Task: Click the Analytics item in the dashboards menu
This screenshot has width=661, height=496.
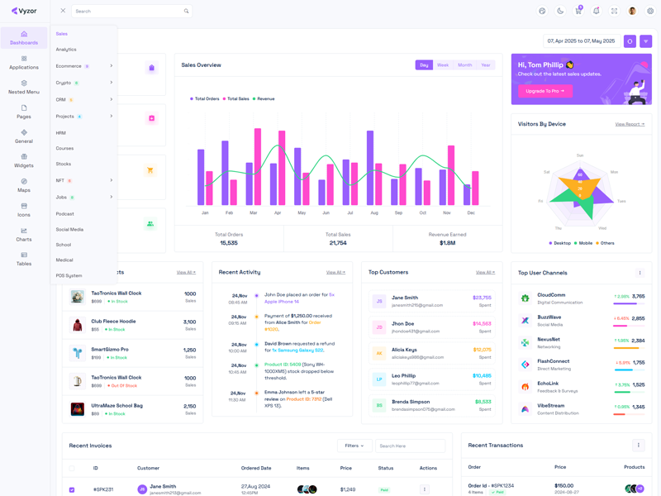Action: click(66, 50)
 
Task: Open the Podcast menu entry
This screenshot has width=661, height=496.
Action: click(65, 214)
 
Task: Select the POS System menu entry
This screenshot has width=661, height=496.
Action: click(69, 275)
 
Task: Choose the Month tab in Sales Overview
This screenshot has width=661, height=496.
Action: click(464, 65)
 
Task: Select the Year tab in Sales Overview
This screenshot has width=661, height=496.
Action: click(485, 65)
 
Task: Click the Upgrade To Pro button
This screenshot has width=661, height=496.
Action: click(544, 91)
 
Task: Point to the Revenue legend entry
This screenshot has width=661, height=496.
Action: click(265, 99)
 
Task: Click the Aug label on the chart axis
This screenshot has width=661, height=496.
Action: click(374, 213)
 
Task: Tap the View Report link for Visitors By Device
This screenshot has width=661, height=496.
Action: click(630, 124)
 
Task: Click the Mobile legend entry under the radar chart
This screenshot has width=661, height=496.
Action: click(584, 243)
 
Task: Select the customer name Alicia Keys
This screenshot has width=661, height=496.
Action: click(404, 350)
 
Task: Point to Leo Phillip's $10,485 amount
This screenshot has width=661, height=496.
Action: click(482, 375)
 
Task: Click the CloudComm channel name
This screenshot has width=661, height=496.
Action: click(551, 294)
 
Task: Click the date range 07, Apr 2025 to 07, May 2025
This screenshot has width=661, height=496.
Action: click(581, 41)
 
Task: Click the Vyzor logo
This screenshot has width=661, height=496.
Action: click(24, 12)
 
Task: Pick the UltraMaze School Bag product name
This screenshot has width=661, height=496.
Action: click(117, 406)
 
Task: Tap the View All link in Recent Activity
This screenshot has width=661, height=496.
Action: click(335, 272)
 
